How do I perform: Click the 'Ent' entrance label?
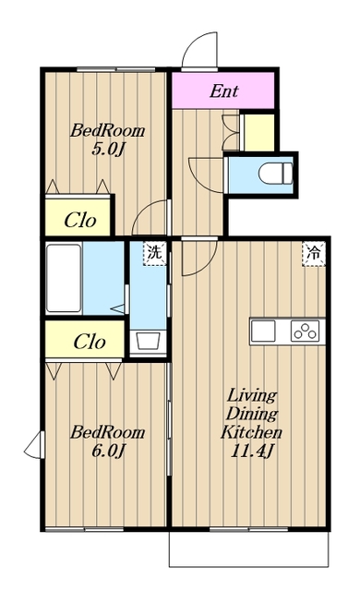[x=223, y=91]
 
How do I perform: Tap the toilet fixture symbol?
[x=275, y=174]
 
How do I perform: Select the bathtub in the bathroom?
[x=64, y=278]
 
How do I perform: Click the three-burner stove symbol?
[x=305, y=332]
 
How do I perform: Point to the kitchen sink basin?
[x=263, y=331]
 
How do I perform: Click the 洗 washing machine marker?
[x=154, y=253]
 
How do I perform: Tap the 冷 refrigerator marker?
[x=313, y=254]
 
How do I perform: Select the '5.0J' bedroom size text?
[x=108, y=150]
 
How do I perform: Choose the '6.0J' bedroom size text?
[x=108, y=451]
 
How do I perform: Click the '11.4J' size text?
[x=251, y=451]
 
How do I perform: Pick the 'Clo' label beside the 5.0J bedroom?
[x=79, y=220]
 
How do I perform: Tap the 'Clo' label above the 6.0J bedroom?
[x=90, y=342]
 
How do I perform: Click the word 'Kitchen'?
[x=251, y=432]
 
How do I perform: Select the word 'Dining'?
[x=251, y=414]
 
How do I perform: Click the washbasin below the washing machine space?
[x=149, y=341]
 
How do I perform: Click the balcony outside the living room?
[x=248, y=549]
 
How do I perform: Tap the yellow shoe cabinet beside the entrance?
[x=259, y=132]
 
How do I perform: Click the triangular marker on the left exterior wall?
[x=34, y=445]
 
